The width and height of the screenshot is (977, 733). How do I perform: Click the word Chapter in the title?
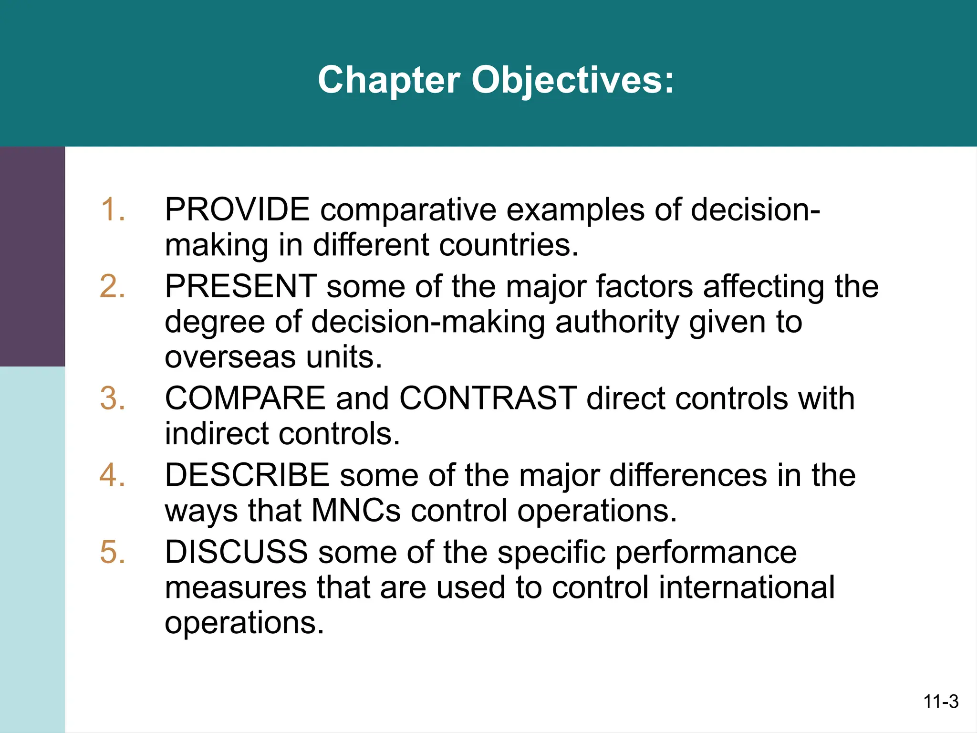pos(388,80)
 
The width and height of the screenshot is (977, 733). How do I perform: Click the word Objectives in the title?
pos(572,80)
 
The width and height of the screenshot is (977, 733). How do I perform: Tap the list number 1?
pos(113,210)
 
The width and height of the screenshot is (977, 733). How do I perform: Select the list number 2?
pos(113,287)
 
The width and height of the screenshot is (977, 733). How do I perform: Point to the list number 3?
pos(113,398)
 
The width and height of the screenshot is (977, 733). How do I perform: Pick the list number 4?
pos(113,475)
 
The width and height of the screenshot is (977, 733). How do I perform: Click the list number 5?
pos(113,552)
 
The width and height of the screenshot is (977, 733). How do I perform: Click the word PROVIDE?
pos(237,210)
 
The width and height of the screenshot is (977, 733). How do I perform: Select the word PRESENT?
pos(241,287)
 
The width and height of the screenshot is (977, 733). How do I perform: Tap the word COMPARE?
pos(245,398)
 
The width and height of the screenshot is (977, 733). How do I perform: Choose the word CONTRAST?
pos(488,398)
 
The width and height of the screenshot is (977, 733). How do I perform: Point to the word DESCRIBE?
pos(247,475)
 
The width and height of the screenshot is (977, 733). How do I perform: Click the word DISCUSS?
pos(237,552)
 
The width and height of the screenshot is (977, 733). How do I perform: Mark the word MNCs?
pos(356,511)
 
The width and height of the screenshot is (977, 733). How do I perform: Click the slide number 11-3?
pos(941,702)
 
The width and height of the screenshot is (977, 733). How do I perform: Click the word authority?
pos(617,322)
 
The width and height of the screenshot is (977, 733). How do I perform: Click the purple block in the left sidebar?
pos(32,256)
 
